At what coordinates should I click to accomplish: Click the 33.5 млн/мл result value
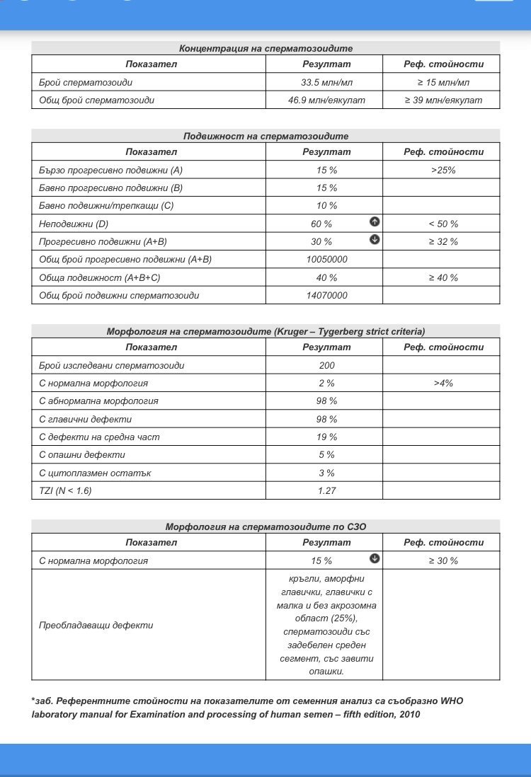point(326,82)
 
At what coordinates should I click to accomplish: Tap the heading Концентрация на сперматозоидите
point(265,48)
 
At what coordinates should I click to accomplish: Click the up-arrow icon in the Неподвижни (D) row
point(375,221)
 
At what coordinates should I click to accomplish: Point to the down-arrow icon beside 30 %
point(375,240)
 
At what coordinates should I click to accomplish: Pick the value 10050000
point(326,260)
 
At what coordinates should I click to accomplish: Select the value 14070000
point(326,296)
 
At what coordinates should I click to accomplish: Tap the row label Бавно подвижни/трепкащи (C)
point(106,206)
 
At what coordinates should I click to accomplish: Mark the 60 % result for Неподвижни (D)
point(321,224)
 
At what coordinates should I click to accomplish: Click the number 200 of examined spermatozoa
point(326,366)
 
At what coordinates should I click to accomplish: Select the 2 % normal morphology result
point(326,384)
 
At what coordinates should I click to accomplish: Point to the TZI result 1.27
point(326,491)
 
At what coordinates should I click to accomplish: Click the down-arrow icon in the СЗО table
point(375,558)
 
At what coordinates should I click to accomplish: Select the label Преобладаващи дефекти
point(96,626)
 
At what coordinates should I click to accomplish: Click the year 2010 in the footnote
point(407,715)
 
